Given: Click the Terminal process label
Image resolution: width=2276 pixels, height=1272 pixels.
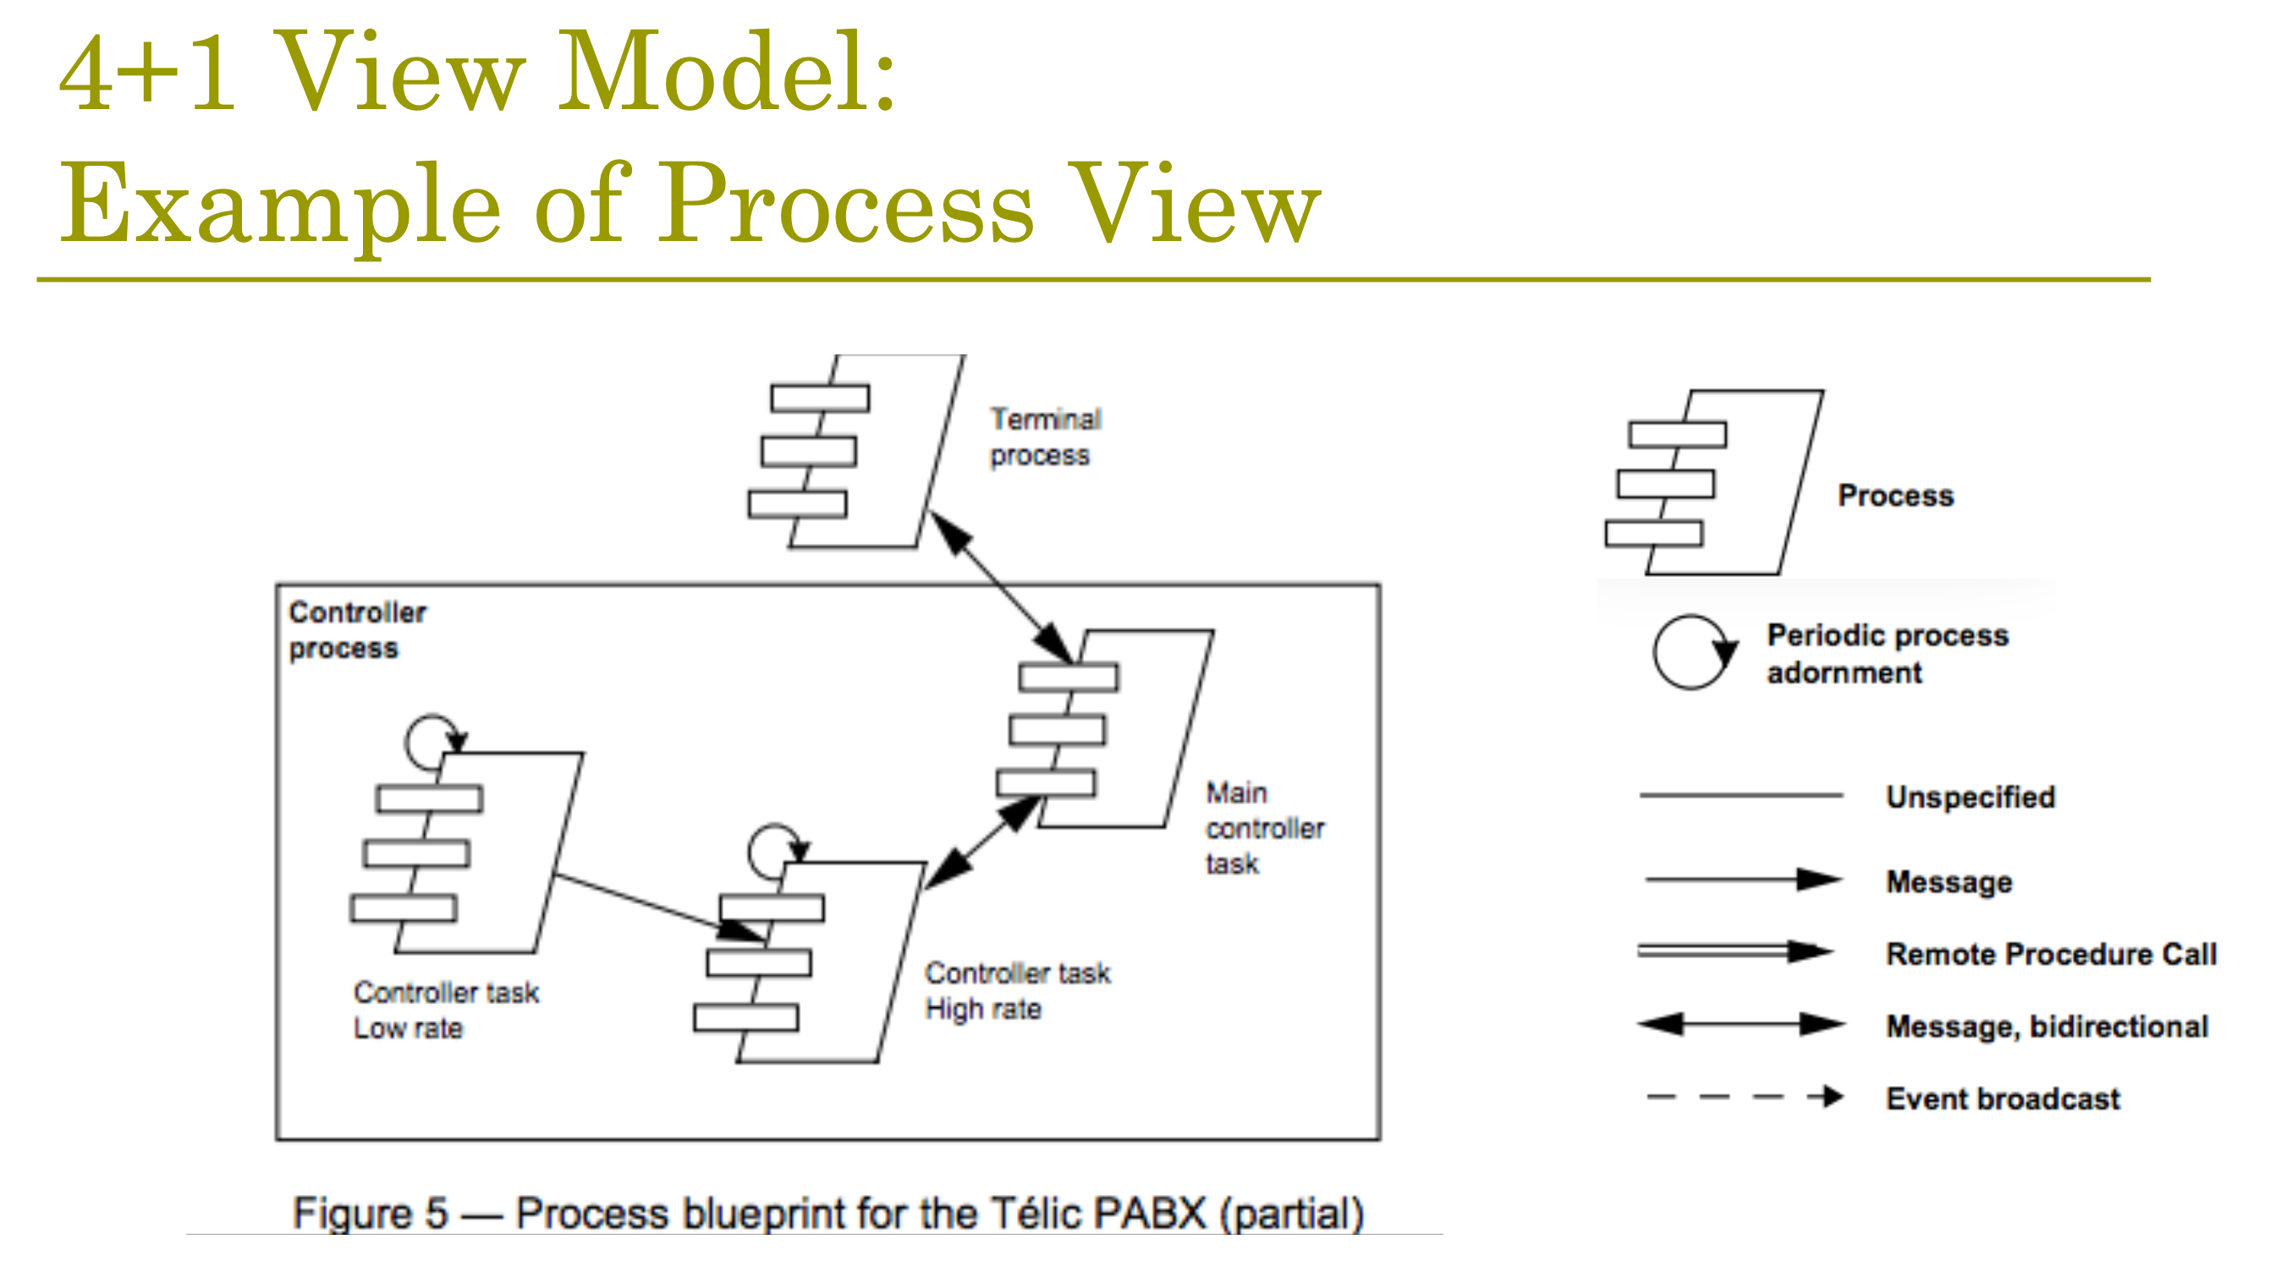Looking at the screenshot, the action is (1045, 436).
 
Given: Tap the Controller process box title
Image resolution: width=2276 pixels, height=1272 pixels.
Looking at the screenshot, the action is (358, 630).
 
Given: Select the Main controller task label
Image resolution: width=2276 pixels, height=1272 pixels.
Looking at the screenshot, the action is (1264, 828).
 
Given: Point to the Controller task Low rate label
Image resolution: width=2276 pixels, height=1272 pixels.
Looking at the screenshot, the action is (446, 1010).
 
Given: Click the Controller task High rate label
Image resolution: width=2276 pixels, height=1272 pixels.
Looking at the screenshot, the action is (1017, 990).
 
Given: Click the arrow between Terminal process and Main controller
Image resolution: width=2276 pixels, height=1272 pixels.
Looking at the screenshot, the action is (1002, 588).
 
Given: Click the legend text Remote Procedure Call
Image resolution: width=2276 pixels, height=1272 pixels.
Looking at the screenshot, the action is (2051, 954).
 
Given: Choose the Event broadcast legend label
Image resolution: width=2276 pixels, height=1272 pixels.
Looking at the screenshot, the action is (2002, 1099).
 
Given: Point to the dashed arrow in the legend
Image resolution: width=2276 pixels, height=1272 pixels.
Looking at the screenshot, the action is (1745, 1097).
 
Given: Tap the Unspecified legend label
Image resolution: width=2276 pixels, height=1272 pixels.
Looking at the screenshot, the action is (1971, 797).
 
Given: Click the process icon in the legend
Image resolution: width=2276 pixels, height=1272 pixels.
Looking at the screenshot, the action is (1714, 482).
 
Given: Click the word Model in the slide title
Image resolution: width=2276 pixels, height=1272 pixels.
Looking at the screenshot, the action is (727, 73).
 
